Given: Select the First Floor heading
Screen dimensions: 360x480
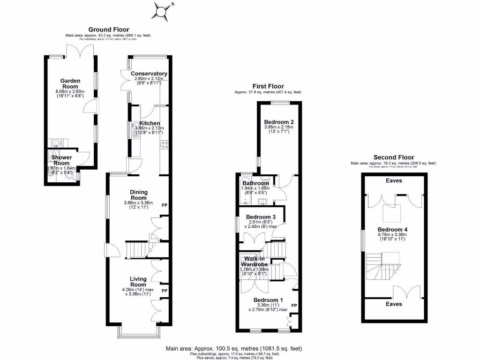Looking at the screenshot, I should point(268,86).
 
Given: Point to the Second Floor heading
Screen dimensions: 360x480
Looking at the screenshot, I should point(393,157).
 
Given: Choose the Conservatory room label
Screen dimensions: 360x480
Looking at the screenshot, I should point(149,74).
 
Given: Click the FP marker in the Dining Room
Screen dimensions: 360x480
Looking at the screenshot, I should point(165,205).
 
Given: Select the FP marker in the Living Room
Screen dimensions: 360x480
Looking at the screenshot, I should point(165,291).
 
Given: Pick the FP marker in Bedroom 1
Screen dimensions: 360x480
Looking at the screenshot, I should point(294,305).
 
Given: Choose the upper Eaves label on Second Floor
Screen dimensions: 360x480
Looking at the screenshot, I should point(394,180).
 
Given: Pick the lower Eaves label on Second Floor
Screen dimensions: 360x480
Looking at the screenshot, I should point(394,304).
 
